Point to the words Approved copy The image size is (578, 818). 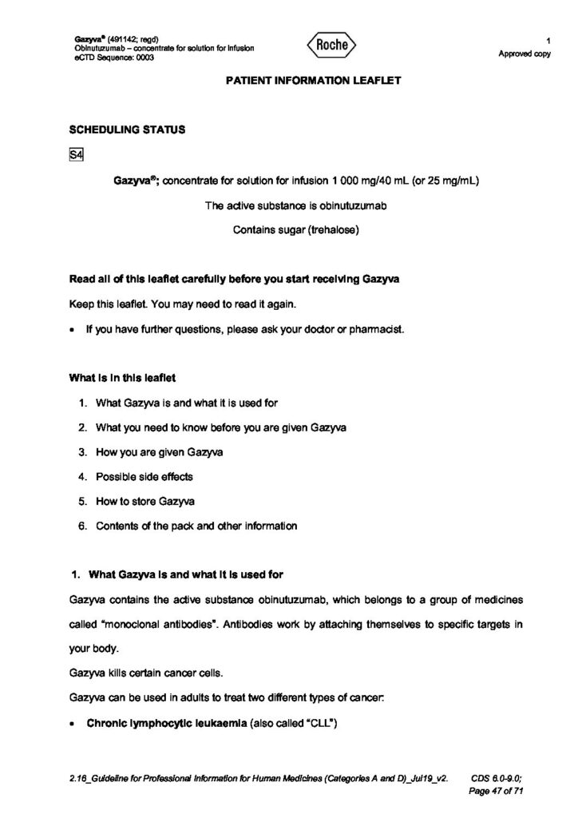[x=525, y=54]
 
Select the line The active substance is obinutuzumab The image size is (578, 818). [x=296, y=206]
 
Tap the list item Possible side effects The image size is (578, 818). [x=144, y=477]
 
